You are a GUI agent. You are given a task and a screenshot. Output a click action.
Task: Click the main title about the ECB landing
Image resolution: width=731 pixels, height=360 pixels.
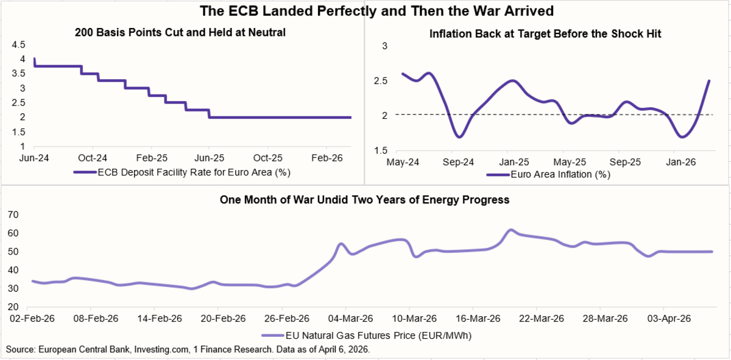[x=365, y=11]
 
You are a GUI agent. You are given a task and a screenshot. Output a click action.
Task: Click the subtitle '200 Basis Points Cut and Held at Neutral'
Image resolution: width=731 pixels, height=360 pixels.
[x=180, y=33]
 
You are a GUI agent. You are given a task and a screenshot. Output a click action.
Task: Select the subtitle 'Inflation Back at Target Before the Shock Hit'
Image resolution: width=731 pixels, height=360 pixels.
[x=546, y=34]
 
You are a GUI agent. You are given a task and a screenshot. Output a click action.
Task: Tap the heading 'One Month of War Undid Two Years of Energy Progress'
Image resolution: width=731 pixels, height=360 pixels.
[x=364, y=200]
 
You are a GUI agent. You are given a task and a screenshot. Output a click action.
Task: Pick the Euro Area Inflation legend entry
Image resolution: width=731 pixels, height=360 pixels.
[x=548, y=174]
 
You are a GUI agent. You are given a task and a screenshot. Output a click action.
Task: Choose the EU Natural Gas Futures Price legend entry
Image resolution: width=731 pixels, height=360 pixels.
[x=366, y=335]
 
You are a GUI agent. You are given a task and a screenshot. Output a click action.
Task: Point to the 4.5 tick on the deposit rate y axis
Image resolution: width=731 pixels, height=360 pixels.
[x=18, y=44]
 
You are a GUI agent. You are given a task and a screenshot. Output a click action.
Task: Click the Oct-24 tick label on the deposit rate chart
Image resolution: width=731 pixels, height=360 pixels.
[x=93, y=157]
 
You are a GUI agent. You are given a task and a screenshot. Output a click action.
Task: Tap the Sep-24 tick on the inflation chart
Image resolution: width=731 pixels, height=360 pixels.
[x=457, y=163]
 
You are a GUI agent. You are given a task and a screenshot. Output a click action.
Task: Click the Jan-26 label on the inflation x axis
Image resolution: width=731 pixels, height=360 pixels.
[x=681, y=163]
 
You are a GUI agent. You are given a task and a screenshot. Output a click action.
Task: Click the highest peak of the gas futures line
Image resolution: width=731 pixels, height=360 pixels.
[x=511, y=230]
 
